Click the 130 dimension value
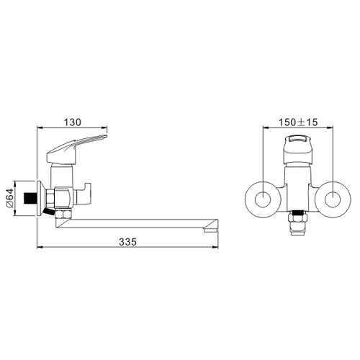click(x=72, y=122)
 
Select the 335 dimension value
click(x=127, y=241)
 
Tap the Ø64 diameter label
click(x=9, y=198)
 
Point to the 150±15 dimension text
click(x=298, y=122)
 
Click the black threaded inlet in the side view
click(x=30, y=198)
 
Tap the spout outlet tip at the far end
click(x=210, y=230)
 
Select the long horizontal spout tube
click(x=137, y=223)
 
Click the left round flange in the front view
click(x=263, y=200)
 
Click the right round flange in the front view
click(x=333, y=200)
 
